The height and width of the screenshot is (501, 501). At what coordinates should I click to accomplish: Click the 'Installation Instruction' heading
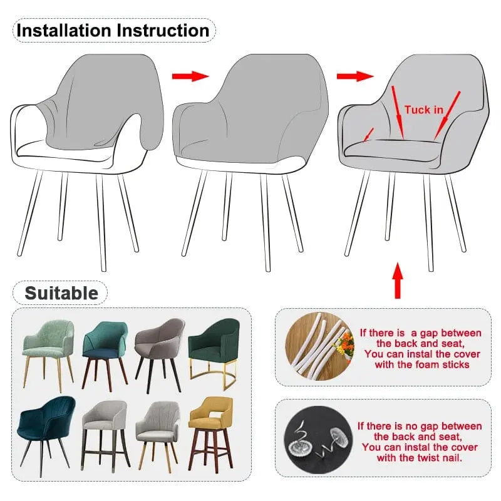click(113, 30)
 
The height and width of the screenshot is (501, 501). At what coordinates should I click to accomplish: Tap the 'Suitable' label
click(61, 293)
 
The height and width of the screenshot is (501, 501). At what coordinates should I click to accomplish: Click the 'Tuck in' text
click(423, 110)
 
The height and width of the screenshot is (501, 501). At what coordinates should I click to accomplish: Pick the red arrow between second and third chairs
click(354, 76)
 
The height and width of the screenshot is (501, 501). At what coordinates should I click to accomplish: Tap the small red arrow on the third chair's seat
click(369, 133)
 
